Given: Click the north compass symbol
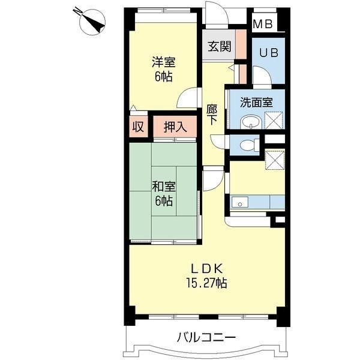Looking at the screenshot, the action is point(91,20).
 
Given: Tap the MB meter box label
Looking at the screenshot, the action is point(263,24).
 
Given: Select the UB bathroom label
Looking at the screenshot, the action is point(269,53).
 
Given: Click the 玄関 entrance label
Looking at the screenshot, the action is point(219,47).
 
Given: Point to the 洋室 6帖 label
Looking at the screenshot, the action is point(163,69).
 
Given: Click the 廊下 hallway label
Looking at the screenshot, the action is point(211,115).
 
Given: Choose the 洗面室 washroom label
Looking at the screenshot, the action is point(256,103).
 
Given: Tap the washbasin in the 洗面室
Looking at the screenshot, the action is point(251,124).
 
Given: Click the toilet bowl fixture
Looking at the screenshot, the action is point(247,145).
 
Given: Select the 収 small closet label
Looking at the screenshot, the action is point(138,127).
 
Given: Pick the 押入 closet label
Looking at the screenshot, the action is point(175,127).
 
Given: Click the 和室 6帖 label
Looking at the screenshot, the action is point(164,193).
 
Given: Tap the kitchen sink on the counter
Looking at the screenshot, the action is point(239,202).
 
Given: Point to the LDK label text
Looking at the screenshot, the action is point(206,269).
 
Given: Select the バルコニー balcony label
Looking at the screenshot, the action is point(206,337).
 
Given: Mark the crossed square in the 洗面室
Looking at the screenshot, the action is point(274,121).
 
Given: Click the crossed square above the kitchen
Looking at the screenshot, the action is point(275,160).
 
